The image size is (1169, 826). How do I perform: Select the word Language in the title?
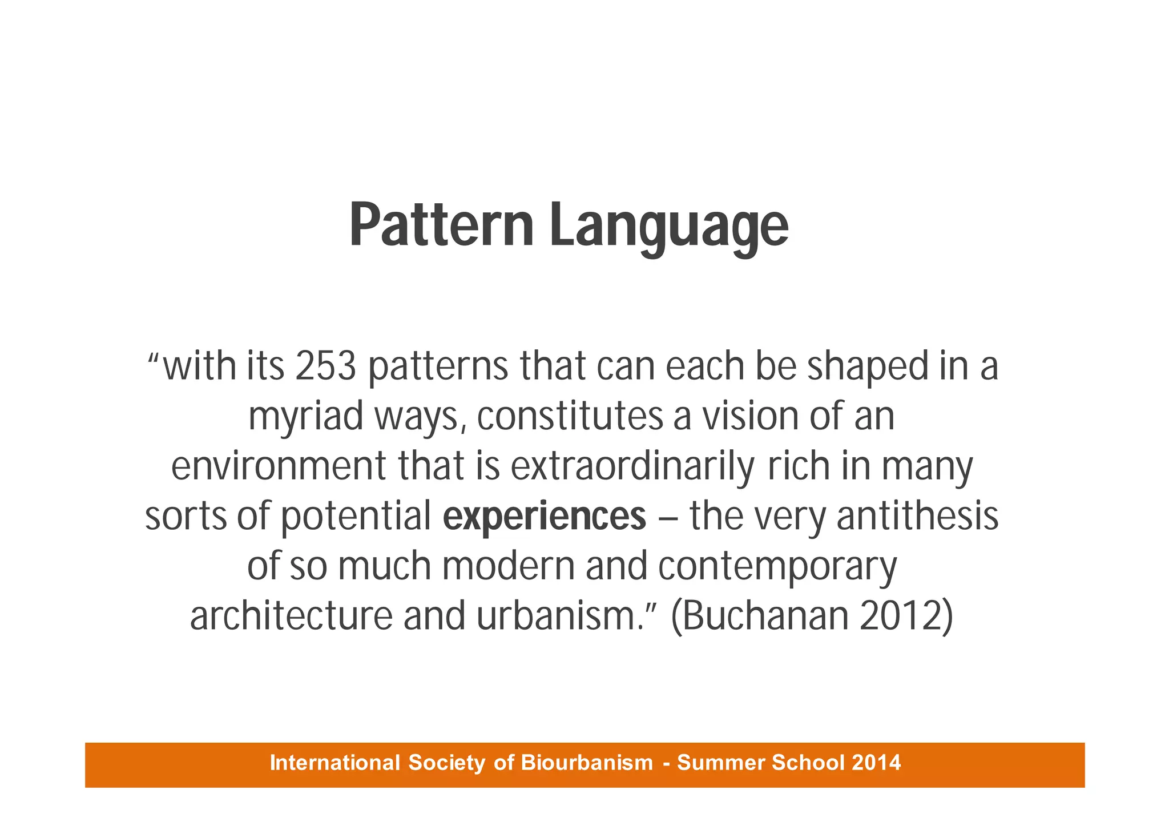[668, 227]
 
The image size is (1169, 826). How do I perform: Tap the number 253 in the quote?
[326, 366]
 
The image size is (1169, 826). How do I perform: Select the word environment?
[279, 466]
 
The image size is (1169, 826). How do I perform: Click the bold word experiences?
[545, 517]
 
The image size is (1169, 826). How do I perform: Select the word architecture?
[291, 617]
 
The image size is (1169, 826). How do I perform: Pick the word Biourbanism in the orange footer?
[587, 763]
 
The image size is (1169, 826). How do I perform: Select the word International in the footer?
[334, 763]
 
